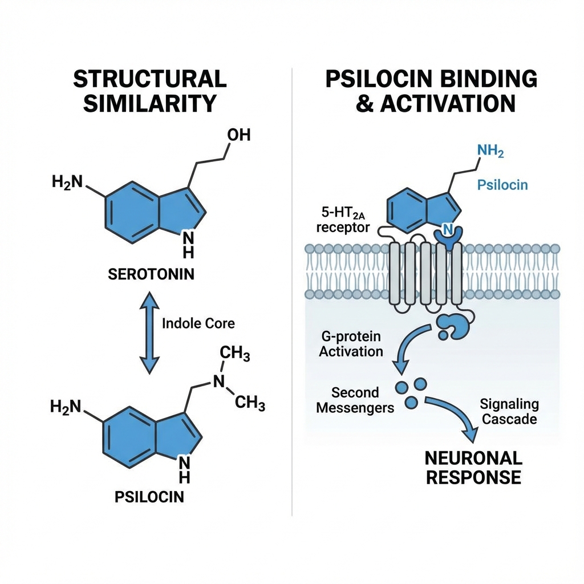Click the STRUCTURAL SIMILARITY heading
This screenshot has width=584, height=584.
pos(149,91)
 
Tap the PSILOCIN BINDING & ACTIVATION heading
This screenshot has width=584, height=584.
pos(431,91)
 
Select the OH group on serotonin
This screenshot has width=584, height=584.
pos(238,135)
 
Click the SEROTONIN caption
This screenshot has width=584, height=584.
pos(151,274)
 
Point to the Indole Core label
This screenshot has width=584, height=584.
pos(198,323)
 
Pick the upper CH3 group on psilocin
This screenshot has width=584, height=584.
pos(235,354)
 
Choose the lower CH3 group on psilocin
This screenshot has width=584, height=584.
pos(250,404)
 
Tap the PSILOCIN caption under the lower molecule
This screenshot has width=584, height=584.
pos(149,496)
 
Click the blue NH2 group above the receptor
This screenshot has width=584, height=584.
pos(489,152)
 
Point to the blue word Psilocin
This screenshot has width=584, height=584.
pos(502,185)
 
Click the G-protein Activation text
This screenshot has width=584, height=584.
pos(351,343)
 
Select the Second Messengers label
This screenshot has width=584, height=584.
pos(355,400)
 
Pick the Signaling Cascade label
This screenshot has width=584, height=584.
pos(509,411)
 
